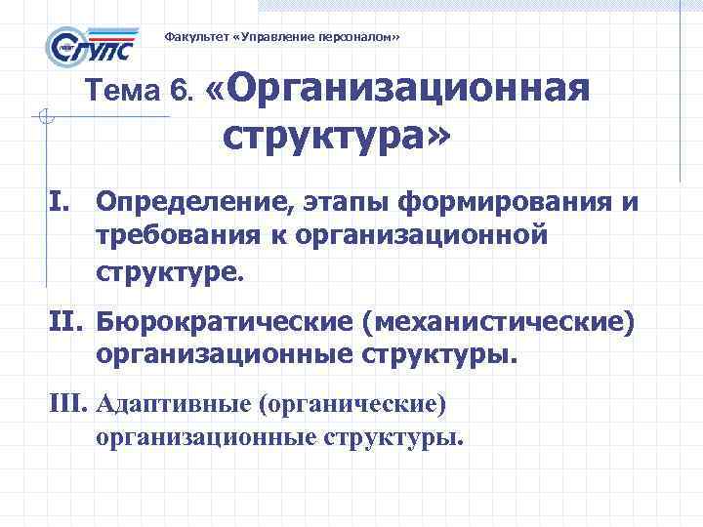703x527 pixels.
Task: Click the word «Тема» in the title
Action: coord(123,92)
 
